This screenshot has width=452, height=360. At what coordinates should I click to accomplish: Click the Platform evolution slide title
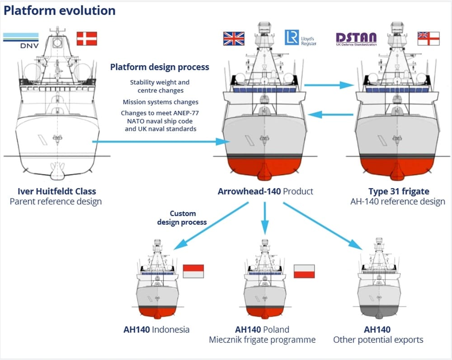[x=59, y=10]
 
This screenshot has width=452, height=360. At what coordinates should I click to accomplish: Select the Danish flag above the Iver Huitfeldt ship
[x=87, y=38]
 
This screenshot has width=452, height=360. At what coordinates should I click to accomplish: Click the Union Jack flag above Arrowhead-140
[x=234, y=38]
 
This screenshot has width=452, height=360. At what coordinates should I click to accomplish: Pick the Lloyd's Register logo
[x=300, y=38]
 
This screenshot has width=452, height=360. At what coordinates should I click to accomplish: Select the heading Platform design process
[x=160, y=67]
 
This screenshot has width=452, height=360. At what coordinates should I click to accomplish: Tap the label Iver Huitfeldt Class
[x=56, y=191]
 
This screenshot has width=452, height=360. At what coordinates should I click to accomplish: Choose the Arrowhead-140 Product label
[x=265, y=191]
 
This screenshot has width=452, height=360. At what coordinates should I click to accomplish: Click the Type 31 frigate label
[x=399, y=191]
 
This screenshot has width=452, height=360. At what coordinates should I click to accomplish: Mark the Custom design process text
[x=182, y=218]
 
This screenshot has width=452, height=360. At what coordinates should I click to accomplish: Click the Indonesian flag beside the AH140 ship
[x=193, y=271]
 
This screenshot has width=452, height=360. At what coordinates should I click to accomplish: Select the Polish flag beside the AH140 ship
[x=304, y=271]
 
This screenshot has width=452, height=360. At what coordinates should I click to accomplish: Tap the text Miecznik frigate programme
[x=262, y=340]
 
